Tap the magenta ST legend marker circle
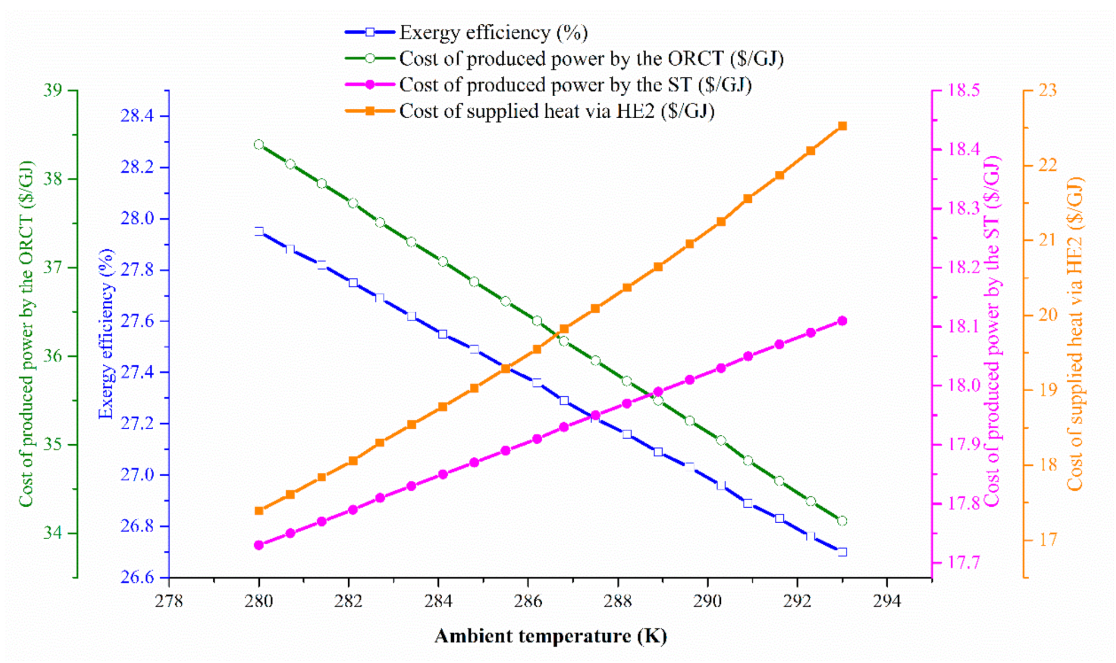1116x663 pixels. click(x=370, y=85)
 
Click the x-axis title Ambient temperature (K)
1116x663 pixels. click(x=550, y=636)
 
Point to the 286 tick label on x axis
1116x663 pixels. click(x=528, y=601)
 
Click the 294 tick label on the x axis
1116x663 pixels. click(x=887, y=601)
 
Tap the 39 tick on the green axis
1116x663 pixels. click(x=53, y=91)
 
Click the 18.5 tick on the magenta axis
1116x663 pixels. click(x=964, y=90)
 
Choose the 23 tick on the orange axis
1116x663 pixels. click(x=1047, y=90)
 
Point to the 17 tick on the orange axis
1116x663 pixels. click(x=1047, y=539)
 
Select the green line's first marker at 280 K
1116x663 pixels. click(x=259, y=145)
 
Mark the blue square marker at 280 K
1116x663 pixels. click(x=259, y=231)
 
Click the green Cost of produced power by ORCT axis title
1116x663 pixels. click(x=26, y=334)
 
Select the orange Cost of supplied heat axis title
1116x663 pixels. click(x=1075, y=334)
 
